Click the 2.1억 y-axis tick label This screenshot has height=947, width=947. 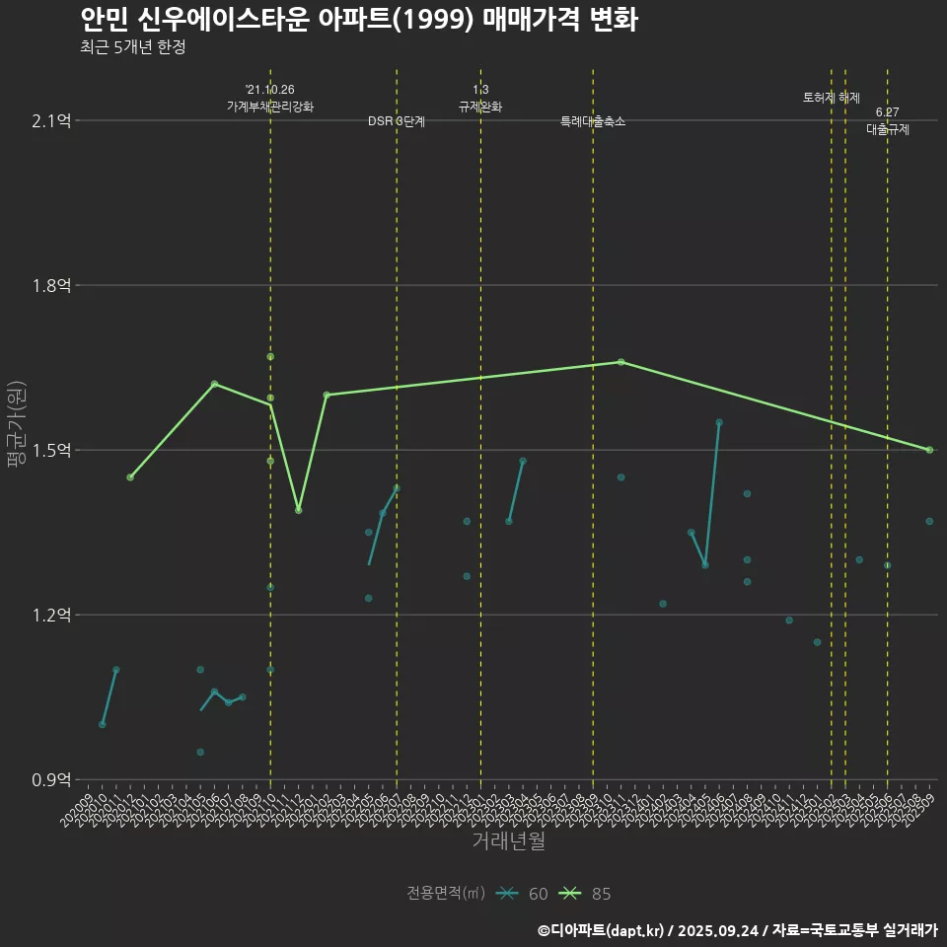(51, 121)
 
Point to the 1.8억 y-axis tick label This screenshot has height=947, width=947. (51, 286)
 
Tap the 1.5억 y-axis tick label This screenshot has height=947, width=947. (51, 451)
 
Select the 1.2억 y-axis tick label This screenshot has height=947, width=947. (51, 616)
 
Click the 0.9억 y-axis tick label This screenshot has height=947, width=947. (51, 780)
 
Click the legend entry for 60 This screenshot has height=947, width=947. (523, 894)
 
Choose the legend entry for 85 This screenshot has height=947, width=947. (586, 894)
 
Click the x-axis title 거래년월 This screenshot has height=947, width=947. (508, 841)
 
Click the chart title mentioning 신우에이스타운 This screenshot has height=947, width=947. (359, 20)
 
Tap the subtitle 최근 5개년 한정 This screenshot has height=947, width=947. (133, 46)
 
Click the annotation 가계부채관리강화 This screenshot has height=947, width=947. (270, 107)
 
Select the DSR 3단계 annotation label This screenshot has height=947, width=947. (397, 121)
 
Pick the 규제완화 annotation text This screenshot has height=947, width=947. (480, 107)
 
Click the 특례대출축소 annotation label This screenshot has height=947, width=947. (593, 121)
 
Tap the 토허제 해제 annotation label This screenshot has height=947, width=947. (832, 98)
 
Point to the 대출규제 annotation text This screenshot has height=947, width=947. (888, 129)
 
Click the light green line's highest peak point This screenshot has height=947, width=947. (620, 362)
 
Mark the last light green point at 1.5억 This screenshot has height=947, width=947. (929, 450)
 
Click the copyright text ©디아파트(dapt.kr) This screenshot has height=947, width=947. (602, 930)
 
